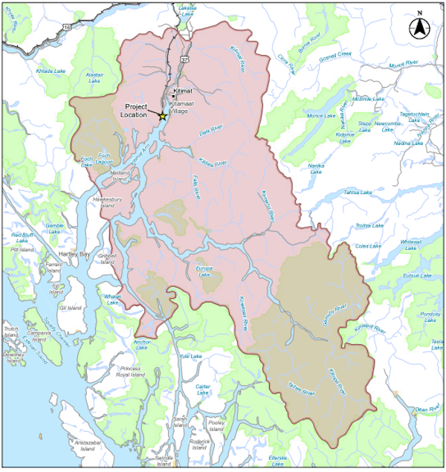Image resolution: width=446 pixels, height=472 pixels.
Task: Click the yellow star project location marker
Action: (x=163, y=116)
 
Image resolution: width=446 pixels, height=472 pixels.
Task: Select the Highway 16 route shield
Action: (x=67, y=27)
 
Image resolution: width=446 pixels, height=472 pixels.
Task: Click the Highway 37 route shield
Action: (x=184, y=58)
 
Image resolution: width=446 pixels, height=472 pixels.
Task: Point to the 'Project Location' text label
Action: (x=140, y=111)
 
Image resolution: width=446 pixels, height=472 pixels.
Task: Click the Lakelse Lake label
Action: (x=188, y=10)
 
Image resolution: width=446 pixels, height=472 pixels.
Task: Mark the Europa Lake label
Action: (x=204, y=271)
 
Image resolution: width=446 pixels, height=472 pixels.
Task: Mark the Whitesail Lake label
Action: (x=410, y=245)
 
